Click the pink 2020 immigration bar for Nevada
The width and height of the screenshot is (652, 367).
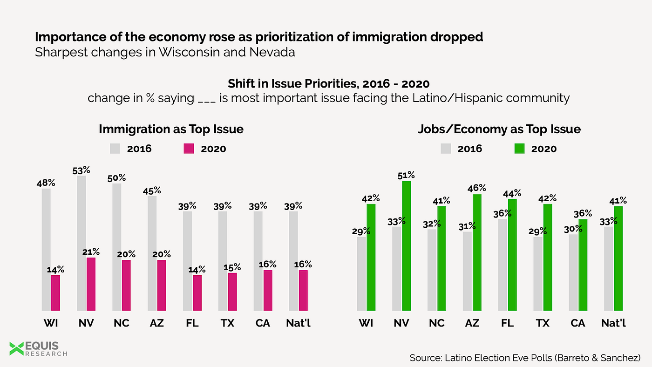click(x=91, y=284)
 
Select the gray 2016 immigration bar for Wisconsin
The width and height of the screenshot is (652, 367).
click(x=46, y=249)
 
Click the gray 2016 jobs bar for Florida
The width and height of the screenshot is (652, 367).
click(x=503, y=265)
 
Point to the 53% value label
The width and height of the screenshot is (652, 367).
click(x=81, y=170)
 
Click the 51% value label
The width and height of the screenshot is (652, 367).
click(x=406, y=175)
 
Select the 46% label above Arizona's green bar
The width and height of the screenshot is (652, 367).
click(x=477, y=188)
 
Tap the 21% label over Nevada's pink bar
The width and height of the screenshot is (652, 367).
click(x=91, y=252)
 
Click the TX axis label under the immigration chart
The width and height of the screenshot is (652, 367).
click(x=227, y=322)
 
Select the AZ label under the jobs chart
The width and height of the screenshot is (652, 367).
click(x=472, y=322)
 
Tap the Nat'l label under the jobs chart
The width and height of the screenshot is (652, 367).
click(x=613, y=322)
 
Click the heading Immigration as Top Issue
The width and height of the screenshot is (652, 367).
click(x=171, y=129)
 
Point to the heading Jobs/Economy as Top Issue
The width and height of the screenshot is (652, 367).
click(x=499, y=129)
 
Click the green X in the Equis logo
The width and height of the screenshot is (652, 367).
click(x=17, y=348)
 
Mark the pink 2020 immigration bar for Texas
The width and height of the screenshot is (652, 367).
click(x=232, y=292)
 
